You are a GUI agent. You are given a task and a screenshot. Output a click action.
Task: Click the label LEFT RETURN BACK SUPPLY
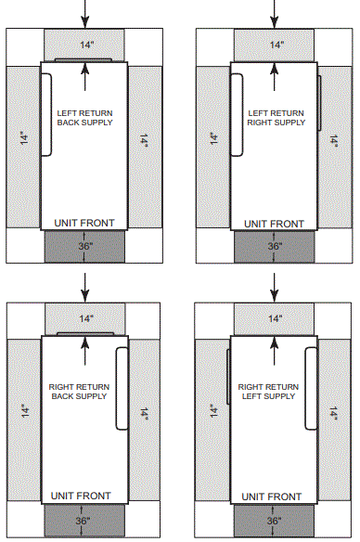[x=85, y=118]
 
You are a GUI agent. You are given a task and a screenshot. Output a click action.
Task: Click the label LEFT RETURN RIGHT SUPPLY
[x=275, y=118]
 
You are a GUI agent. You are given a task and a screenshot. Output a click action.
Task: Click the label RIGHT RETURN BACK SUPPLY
[x=78, y=390]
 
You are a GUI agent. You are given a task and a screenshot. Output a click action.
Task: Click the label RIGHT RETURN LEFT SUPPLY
[x=268, y=390]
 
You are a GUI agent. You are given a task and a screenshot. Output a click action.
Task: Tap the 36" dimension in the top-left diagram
[x=85, y=247]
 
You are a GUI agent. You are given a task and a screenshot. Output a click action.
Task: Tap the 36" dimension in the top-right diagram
[x=275, y=247]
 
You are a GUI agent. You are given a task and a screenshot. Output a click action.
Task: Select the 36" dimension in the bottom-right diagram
[x=275, y=521]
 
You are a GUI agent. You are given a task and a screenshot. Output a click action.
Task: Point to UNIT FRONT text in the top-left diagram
[x=85, y=224]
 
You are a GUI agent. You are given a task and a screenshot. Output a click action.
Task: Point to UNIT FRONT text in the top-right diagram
[x=275, y=224]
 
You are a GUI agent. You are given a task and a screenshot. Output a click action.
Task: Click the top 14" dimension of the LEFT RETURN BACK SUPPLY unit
[x=85, y=45]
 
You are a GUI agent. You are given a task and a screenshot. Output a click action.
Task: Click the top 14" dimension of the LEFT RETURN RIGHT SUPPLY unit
[x=275, y=45]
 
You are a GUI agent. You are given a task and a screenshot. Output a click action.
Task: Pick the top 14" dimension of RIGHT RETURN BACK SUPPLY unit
[x=85, y=318]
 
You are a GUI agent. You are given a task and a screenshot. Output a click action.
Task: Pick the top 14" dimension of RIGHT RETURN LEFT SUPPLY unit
[x=275, y=318]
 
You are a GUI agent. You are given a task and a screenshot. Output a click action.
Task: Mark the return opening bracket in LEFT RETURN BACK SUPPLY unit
[x=46, y=111]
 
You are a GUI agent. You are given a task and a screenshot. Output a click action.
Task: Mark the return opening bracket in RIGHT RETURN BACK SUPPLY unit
[x=122, y=387]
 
